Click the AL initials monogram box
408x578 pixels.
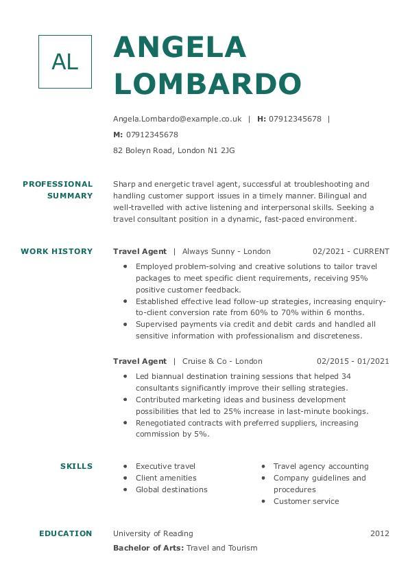coord(65,62)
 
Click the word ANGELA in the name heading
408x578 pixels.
coord(180,47)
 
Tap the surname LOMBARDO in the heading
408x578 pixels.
coord(207,83)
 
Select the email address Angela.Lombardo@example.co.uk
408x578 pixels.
coord(177,119)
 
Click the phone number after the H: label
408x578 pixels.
coord(295,119)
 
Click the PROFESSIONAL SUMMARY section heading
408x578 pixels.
coord(58,189)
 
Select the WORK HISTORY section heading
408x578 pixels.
coord(57,251)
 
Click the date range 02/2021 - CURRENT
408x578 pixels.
coord(350,251)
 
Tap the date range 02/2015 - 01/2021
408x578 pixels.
coord(352,361)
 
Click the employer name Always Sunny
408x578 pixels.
coord(206,251)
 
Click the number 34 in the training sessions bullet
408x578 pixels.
coord(346,376)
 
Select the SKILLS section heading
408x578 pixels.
coord(76,466)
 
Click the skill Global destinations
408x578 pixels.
coord(171,489)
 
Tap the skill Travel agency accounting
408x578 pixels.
coord(321,466)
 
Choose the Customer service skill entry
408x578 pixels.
coord(306,501)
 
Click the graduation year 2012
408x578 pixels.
coord(379,533)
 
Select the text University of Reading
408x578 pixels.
coord(153,533)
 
